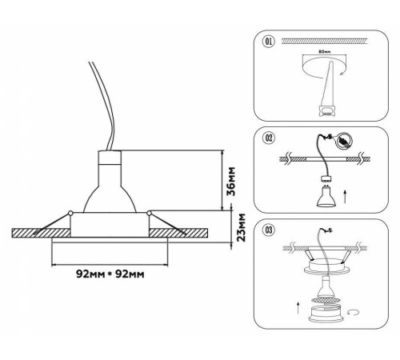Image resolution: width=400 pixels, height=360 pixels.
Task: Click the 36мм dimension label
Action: click(231, 182)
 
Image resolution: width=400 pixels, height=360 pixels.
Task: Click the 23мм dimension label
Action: click(241, 227)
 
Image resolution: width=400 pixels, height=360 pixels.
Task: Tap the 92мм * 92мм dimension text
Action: click(110, 274)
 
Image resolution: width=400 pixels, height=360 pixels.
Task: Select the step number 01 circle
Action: click(269, 42)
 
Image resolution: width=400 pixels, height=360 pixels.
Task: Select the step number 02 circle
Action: click(269, 138)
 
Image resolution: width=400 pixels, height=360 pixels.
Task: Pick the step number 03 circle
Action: click(269, 230)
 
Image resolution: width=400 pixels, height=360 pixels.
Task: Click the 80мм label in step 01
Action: click(325, 52)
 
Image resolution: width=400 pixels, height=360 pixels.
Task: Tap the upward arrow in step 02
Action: click(345, 197)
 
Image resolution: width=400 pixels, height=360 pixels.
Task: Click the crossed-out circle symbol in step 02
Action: click(344, 140)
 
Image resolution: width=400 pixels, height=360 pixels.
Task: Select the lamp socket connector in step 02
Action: click(326, 178)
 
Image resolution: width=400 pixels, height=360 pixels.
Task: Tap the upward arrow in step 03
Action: click(298, 308)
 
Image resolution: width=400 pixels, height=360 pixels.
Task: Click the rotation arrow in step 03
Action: click(354, 312)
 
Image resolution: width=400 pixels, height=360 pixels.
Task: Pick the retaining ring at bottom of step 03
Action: click(326, 314)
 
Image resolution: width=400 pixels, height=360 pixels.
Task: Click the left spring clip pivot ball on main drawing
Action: click(70, 213)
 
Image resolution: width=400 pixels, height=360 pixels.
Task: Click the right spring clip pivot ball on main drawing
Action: click(149, 213)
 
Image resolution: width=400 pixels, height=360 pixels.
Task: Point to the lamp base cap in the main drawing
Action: click(110, 158)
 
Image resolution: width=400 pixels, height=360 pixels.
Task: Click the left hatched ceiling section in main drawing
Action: click(42, 233)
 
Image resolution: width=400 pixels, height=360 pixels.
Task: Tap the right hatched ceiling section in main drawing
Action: click(178, 233)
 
